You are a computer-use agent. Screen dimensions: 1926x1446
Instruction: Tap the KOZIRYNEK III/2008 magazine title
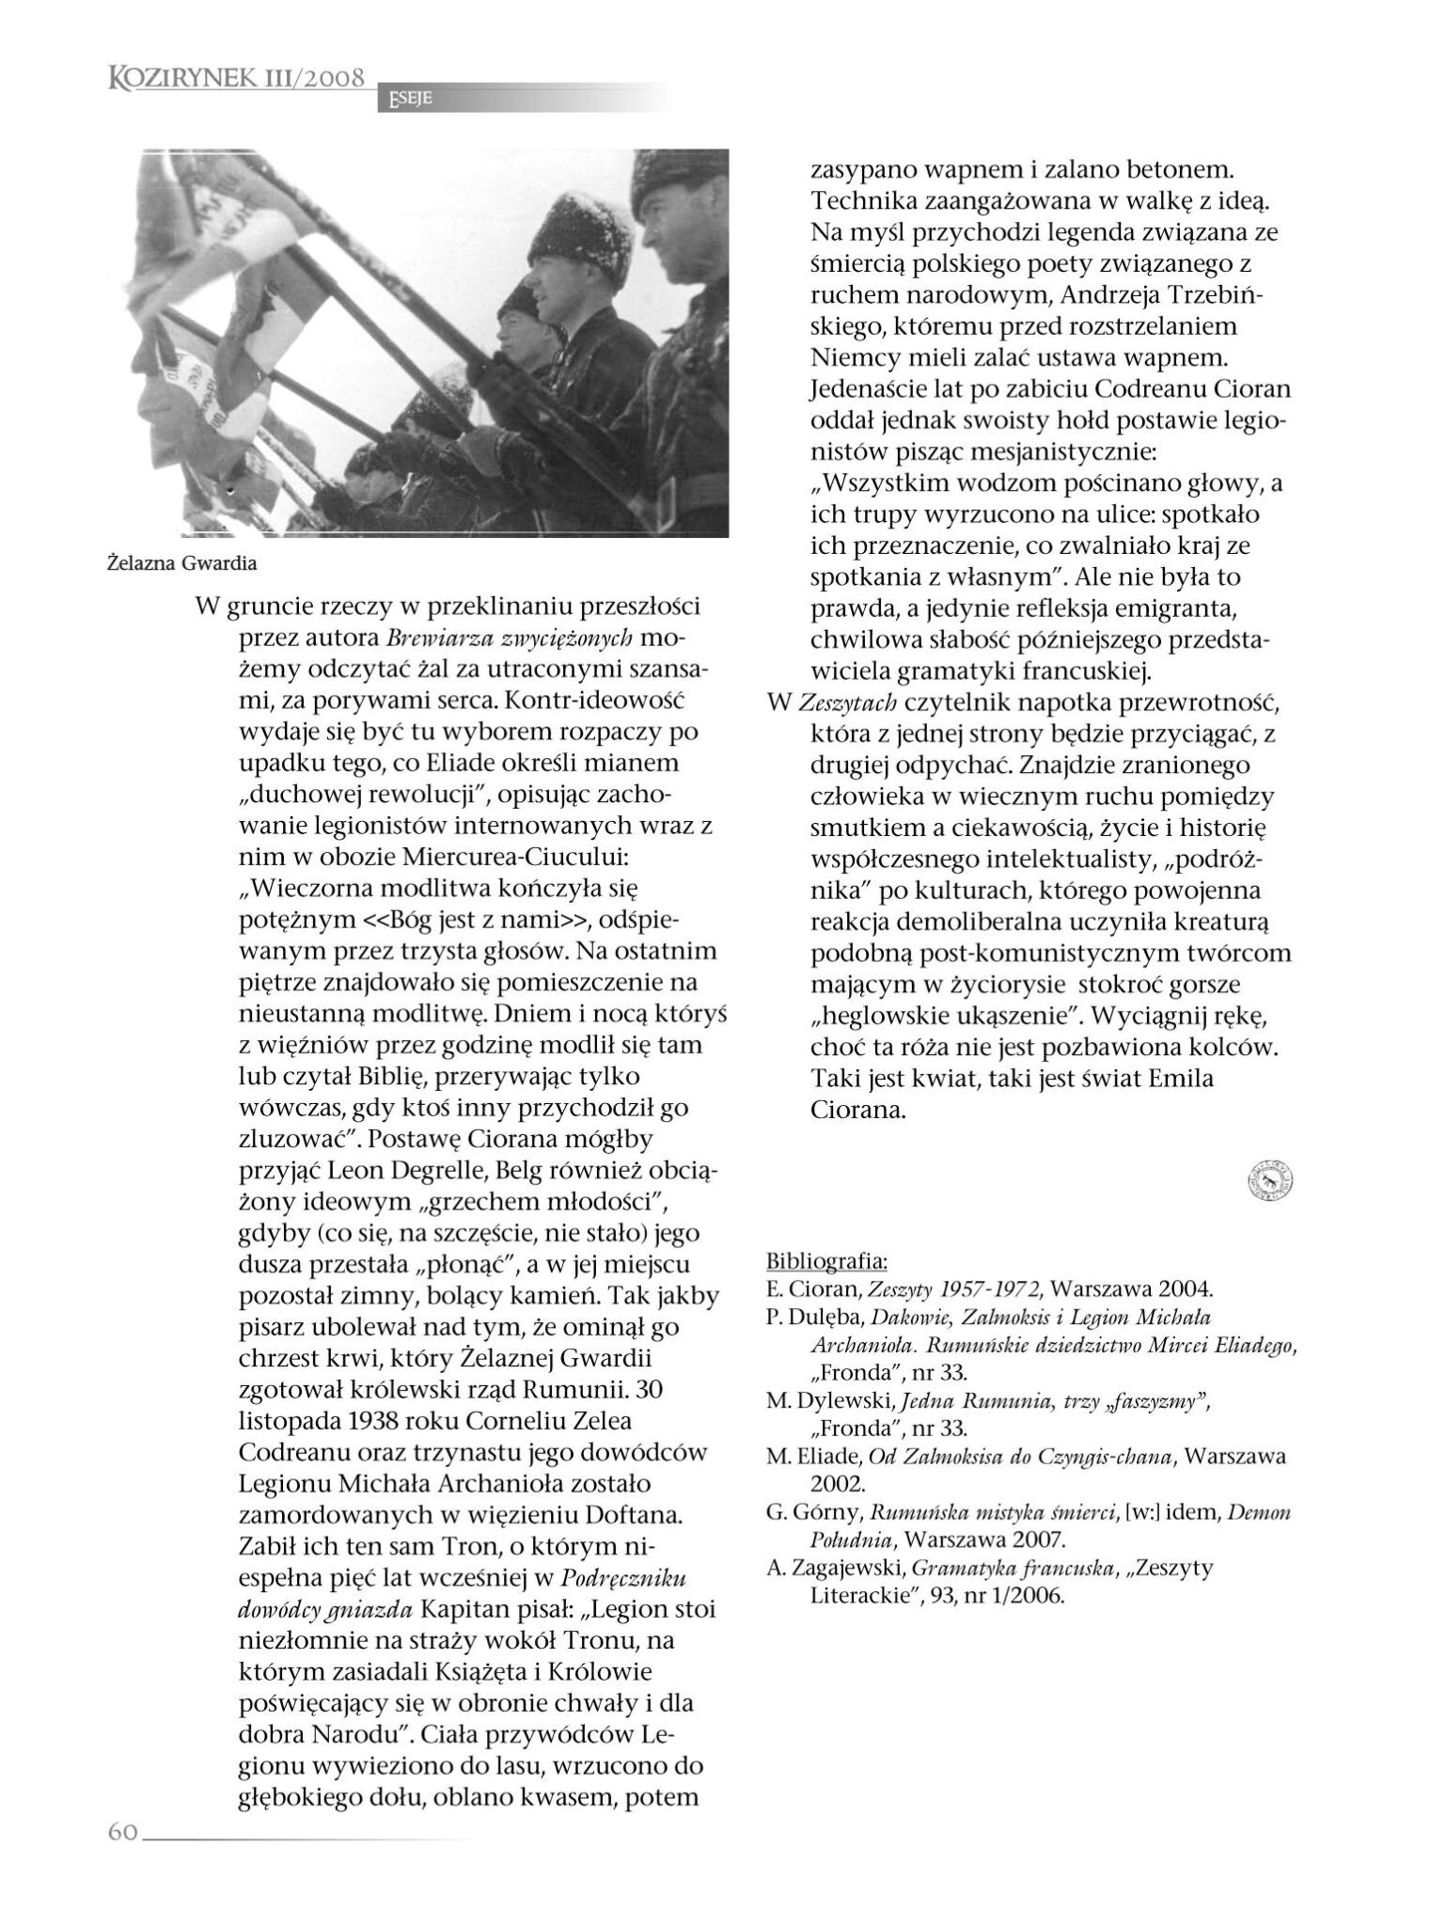[x=237, y=78]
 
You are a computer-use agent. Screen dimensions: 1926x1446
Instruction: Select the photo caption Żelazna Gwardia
[x=181, y=564]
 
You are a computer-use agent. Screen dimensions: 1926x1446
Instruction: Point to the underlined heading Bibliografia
[x=827, y=1260]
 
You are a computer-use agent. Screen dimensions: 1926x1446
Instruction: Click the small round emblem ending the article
[x=1270, y=1181]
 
